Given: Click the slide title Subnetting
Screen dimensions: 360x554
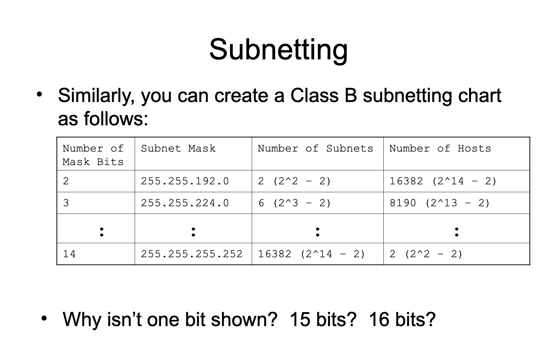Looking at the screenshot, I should coord(278,50).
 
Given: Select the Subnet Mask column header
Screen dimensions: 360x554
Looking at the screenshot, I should coord(178,149).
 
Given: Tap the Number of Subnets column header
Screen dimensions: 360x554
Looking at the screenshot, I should coord(315,149).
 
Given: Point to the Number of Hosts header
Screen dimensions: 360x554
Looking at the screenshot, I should coord(440,149).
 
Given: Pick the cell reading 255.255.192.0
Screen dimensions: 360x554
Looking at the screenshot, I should coord(185,181).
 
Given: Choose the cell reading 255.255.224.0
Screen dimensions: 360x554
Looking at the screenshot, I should coord(185,203).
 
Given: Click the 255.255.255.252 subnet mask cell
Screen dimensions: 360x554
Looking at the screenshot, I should coord(191,254).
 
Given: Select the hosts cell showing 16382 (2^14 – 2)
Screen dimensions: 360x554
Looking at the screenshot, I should coord(443,181).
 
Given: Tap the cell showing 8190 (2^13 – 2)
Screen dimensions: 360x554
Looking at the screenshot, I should coord(440,203).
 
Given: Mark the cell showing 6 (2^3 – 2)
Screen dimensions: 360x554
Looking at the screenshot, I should coord(294,203).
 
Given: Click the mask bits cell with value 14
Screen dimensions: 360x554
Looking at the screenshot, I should coord(69,254).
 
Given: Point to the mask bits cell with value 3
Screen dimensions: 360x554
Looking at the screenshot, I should coord(66,203).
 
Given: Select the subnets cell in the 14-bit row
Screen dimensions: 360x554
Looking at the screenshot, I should coord(311,254).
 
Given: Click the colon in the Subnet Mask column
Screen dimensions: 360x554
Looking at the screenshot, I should coord(193,232).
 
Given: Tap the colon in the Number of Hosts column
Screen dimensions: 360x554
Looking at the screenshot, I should coord(456,232).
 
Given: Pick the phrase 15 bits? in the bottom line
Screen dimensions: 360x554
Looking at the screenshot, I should coord(323,319).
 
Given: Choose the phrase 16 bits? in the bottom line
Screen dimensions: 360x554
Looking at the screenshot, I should coord(402,319).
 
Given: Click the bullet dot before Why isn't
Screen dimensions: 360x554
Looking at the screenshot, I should coord(44,318).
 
